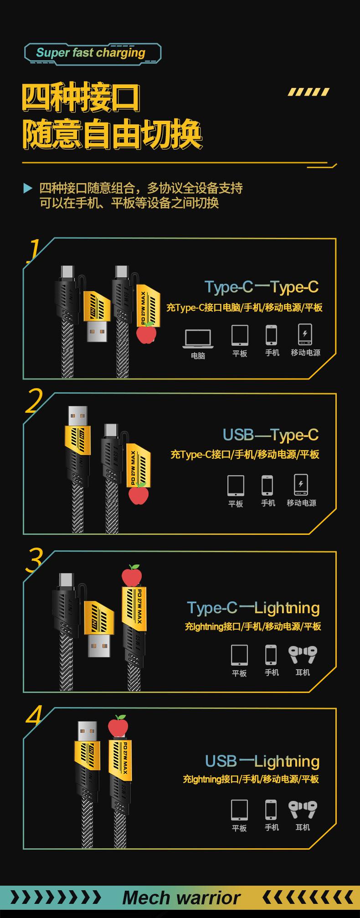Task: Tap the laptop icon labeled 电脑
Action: [x=197, y=339]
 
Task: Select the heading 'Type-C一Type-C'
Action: [x=261, y=287]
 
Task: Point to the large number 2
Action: [x=34, y=401]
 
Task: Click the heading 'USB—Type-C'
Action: [x=270, y=435]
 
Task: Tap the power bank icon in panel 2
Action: [x=301, y=485]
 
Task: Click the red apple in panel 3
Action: [x=132, y=576]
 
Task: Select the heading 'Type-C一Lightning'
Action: [x=253, y=608]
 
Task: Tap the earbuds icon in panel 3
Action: [x=303, y=655]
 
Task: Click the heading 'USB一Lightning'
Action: [x=262, y=761]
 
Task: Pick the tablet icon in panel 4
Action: [x=239, y=810]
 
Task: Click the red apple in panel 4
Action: [x=118, y=725]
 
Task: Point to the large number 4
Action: [x=34, y=716]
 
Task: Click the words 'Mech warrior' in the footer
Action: [x=181, y=897]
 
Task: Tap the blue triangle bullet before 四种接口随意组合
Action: [x=28, y=188]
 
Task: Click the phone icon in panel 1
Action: [x=272, y=335]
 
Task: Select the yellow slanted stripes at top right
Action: [x=308, y=92]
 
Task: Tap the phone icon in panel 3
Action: [x=271, y=655]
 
